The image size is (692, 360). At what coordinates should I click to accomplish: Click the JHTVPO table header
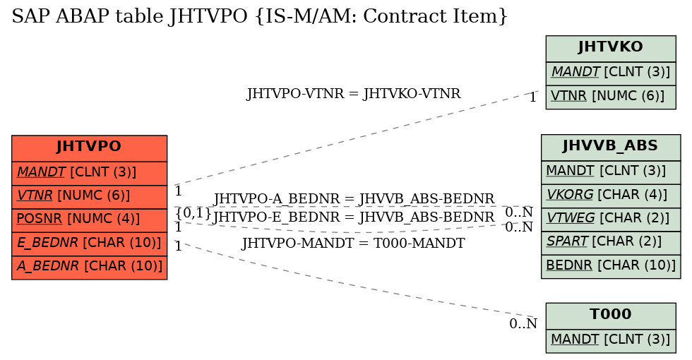pyautogui.click(x=89, y=148)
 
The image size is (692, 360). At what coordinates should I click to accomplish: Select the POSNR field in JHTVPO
pyautogui.click(x=89, y=220)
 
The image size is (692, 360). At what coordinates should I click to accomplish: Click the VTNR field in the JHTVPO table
pyautogui.click(x=89, y=197)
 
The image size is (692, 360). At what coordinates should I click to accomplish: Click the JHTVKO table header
pyautogui.click(x=611, y=49)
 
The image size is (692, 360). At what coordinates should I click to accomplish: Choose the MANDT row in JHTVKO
pyautogui.click(x=611, y=73)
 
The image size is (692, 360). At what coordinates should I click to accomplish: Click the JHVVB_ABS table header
pyautogui.click(x=611, y=148)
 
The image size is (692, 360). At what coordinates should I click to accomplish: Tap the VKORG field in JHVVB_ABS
pyautogui.click(x=611, y=196)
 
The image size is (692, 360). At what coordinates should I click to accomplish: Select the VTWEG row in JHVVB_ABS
pyautogui.click(x=611, y=220)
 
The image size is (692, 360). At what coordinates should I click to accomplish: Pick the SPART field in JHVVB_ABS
pyautogui.click(x=611, y=243)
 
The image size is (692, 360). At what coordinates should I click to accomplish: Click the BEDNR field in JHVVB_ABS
pyautogui.click(x=611, y=267)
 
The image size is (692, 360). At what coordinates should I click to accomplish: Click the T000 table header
pyautogui.click(x=611, y=316)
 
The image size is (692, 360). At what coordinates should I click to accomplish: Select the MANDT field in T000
pyautogui.click(x=611, y=341)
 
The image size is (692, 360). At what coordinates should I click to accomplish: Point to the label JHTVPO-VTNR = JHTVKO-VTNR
pyautogui.click(x=353, y=94)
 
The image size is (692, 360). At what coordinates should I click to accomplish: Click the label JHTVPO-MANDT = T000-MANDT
pyautogui.click(x=353, y=243)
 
